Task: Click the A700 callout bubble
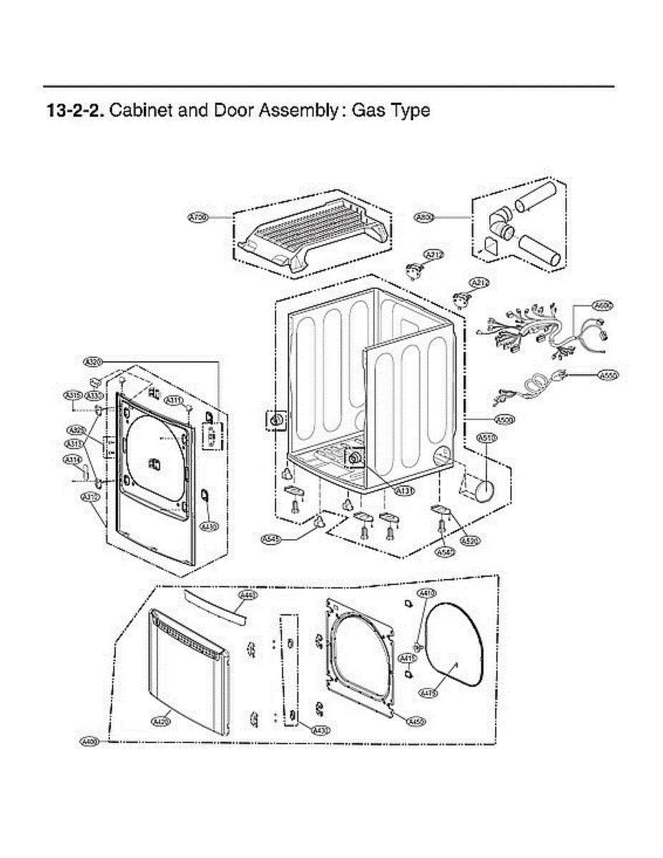coord(197,216)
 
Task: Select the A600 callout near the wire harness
coord(604,305)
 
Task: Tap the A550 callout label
coord(607,375)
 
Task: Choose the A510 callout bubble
coord(486,438)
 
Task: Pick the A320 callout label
coord(94,362)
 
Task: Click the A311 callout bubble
coord(175,400)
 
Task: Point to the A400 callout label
coord(89,743)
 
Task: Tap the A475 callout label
coord(428,692)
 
